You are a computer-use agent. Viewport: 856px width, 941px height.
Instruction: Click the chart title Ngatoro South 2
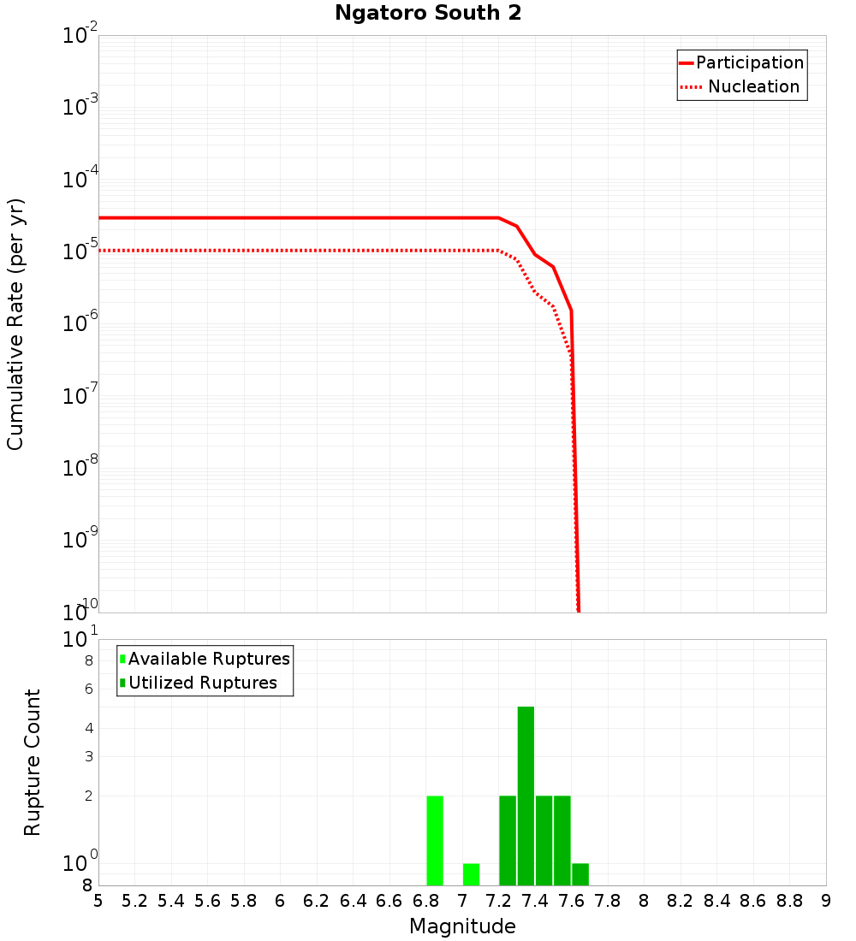point(428,14)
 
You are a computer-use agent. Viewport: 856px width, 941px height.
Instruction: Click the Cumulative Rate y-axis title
point(15,323)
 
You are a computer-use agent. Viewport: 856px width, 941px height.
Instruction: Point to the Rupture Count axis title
point(33,761)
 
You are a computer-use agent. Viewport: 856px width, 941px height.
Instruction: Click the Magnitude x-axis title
point(462,926)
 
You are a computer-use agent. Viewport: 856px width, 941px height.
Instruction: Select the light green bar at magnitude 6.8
point(435,840)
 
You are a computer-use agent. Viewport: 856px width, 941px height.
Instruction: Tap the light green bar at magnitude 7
point(471,874)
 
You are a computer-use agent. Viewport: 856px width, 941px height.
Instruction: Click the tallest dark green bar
point(526,796)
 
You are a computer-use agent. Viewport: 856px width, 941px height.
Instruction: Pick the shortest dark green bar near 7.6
point(580,874)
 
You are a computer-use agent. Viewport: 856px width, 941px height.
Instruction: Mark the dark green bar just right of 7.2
point(508,840)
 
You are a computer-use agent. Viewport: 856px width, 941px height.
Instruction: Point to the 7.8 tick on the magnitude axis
point(608,901)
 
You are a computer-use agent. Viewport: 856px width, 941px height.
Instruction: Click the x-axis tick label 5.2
point(134,901)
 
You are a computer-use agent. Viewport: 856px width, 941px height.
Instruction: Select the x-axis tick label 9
point(825,901)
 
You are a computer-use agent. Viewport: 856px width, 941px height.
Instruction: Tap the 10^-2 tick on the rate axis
point(80,36)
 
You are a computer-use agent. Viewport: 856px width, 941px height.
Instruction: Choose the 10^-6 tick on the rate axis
point(80,324)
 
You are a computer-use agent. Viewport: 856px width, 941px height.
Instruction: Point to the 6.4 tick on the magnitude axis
point(353,901)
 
